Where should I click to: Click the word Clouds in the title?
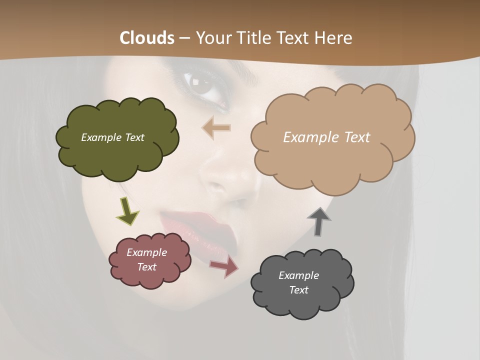(x=147, y=38)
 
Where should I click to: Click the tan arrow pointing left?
(x=216, y=128)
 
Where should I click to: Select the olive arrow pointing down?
(x=127, y=211)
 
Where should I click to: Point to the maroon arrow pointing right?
(x=224, y=266)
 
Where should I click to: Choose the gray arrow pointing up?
(x=318, y=221)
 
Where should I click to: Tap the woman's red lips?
(x=200, y=225)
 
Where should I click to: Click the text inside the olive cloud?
(x=112, y=137)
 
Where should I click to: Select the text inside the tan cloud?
(x=326, y=137)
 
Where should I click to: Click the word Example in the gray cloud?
(x=298, y=275)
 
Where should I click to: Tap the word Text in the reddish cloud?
(x=147, y=267)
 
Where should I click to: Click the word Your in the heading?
(x=213, y=38)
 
